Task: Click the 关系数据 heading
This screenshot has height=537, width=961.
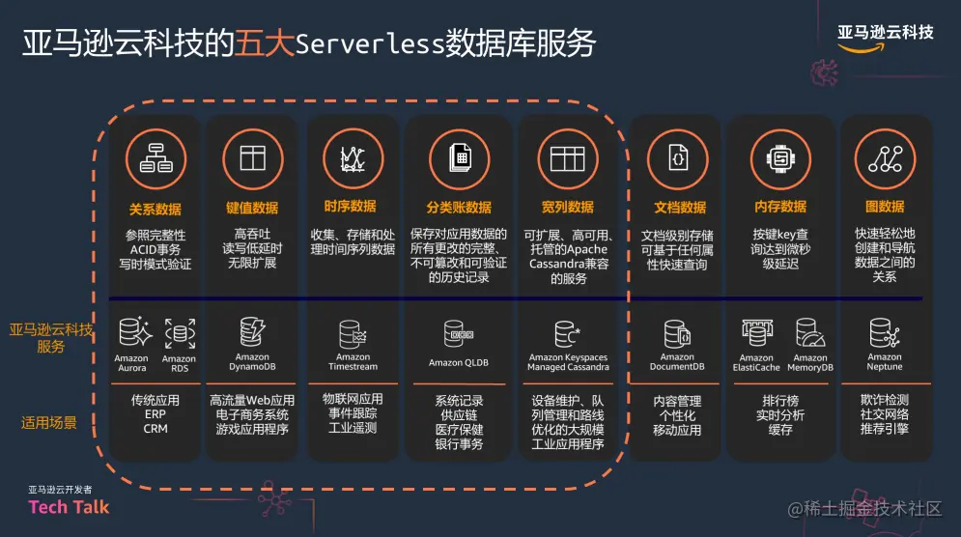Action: [x=155, y=208]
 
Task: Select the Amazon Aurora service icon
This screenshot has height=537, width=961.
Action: [x=133, y=333]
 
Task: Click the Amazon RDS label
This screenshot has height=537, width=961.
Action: [x=179, y=363]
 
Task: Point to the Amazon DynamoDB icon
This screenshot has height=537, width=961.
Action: [x=253, y=332]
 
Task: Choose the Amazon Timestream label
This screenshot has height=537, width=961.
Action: [x=353, y=362]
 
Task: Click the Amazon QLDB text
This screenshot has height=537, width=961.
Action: [x=459, y=363]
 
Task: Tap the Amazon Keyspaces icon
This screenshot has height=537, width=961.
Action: [x=567, y=334]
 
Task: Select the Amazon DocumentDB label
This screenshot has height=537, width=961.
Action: [x=677, y=362]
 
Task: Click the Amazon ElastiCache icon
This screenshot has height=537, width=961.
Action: [x=756, y=333]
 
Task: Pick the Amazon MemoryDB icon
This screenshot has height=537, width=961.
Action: [x=810, y=333]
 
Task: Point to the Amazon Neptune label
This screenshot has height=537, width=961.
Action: [x=884, y=362]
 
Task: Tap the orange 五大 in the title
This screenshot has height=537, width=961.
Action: [x=257, y=43]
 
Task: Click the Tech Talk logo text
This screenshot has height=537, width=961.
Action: [x=69, y=506]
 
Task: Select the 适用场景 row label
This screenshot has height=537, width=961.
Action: [x=50, y=422]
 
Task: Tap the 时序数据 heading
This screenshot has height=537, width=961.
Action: [x=351, y=207]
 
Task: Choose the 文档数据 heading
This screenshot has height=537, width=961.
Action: [x=680, y=207]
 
